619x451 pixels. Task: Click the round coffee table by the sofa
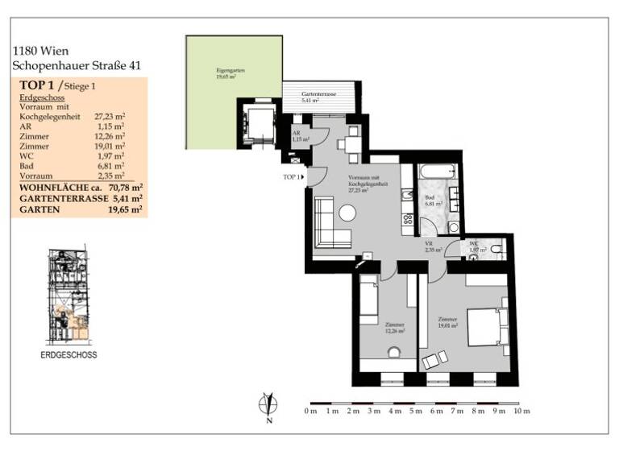pyautogui.click(x=347, y=213)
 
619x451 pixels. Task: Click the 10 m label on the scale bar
pyautogui.click(x=521, y=412)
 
